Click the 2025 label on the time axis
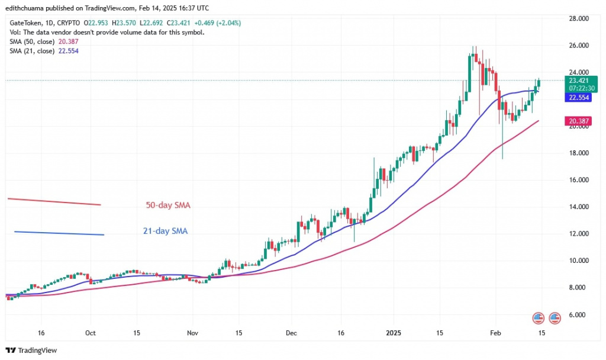click(393, 333)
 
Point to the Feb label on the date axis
click(495, 333)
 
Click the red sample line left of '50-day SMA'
click(53, 201)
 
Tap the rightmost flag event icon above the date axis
click(555, 317)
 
